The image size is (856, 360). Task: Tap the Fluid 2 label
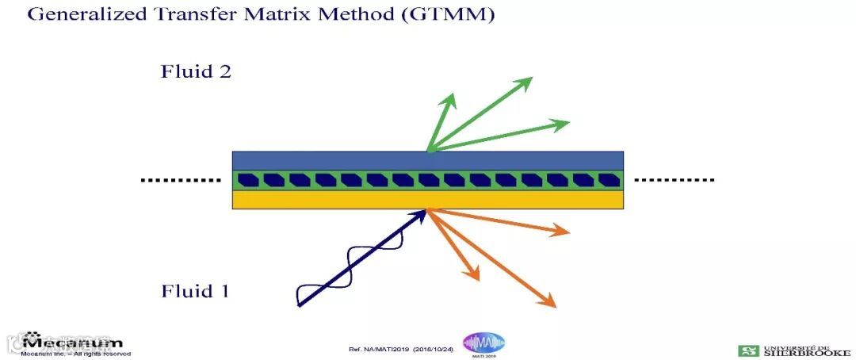tap(196, 71)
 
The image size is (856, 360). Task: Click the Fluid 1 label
tap(195, 291)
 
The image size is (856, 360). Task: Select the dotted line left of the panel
tap(181, 180)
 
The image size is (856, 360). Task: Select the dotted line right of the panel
tap(674, 180)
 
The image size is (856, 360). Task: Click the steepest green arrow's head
tap(451, 98)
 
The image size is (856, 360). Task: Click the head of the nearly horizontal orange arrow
tap(564, 232)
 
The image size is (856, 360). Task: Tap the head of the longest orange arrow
tap(550, 304)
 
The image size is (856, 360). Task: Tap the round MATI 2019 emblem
tap(483, 343)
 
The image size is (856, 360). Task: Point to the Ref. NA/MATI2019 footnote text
tap(400, 350)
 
